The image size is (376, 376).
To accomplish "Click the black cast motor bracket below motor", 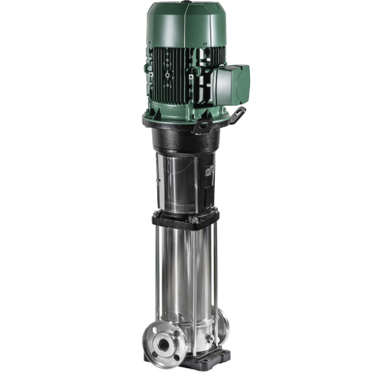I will [184, 139].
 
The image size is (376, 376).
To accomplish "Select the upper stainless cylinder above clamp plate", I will [179, 182].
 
